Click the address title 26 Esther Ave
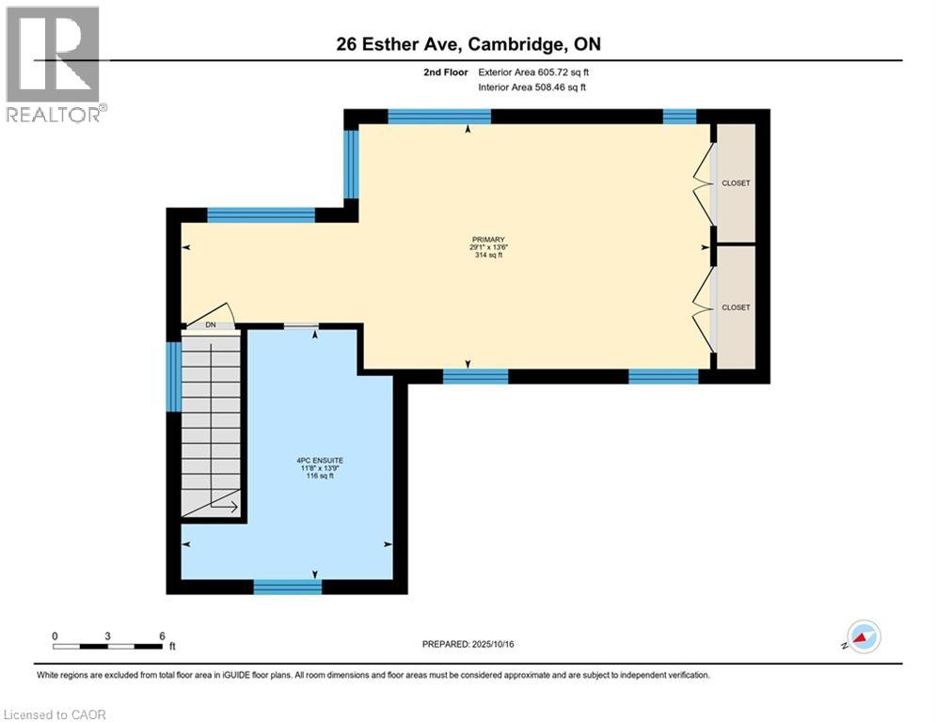[x=468, y=45]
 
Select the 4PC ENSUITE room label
[x=314, y=461]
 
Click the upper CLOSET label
[x=736, y=183]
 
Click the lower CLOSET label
[x=736, y=307]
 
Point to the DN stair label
[x=211, y=325]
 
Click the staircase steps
[x=213, y=423]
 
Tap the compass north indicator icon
[x=863, y=637]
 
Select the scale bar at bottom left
[x=107, y=646]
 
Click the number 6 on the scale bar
[x=162, y=636]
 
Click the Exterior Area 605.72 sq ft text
[x=533, y=71]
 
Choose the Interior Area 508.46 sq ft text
[x=533, y=87]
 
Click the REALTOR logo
[x=54, y=64]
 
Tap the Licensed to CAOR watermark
[x=56, y=714]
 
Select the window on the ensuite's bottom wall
[x=288, y=587]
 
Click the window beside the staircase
[x=173, y=376]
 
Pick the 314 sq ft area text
[x=487, y=256]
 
